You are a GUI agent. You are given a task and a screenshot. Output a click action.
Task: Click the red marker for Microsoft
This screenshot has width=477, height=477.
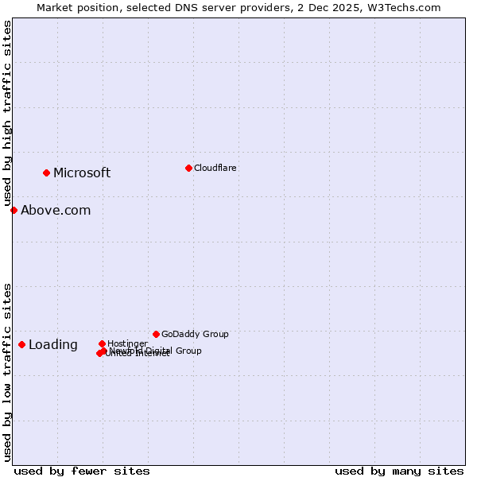[x=47, y=173]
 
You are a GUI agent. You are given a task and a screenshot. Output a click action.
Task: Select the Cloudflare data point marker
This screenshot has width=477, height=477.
[x=188, y=168]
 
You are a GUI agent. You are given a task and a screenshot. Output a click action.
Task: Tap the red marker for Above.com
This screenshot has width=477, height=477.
[x=14, y=210]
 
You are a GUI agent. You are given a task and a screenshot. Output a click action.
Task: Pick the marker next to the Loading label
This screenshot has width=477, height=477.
[x=21, y=344]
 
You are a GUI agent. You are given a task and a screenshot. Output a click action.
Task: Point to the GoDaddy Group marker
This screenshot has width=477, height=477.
[x=156, y=334]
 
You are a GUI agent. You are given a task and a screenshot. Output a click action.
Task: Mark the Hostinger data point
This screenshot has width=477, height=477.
[x=102, y=343]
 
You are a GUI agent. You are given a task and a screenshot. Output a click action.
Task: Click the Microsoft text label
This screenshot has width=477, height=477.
[x=82, y=173]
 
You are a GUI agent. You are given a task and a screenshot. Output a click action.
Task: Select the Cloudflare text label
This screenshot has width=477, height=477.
[x=215, y=169]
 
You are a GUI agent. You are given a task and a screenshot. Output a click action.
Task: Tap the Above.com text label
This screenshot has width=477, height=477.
[x=56, y=211]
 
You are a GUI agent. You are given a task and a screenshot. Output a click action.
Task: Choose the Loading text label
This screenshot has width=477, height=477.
[x=53, y=345]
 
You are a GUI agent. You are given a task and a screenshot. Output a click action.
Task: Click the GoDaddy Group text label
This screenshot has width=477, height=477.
[x=195, y=335]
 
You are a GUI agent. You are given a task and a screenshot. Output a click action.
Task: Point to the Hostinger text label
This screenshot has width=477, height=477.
[x=127, y=343]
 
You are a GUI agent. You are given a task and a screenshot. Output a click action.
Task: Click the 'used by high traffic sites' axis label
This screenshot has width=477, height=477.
[x=7, y=114]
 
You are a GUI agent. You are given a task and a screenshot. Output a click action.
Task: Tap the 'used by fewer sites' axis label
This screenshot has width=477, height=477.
[x=82, y=471]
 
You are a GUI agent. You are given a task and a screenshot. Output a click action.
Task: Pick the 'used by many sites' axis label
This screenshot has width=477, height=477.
[x=399, y=471]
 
